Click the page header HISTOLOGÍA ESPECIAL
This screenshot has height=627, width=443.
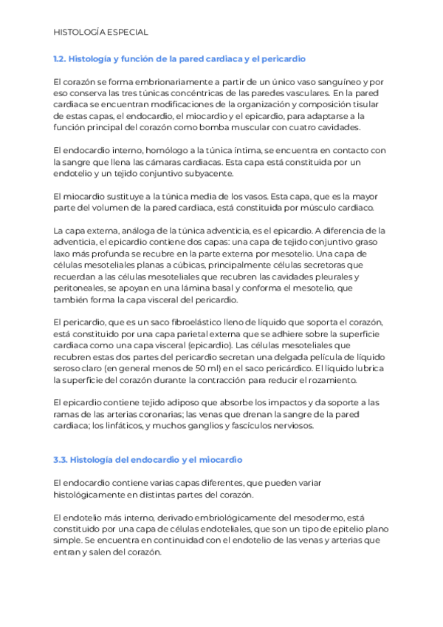101,33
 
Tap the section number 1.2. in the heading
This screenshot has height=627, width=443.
61,58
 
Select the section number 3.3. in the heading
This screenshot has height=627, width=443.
62,460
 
